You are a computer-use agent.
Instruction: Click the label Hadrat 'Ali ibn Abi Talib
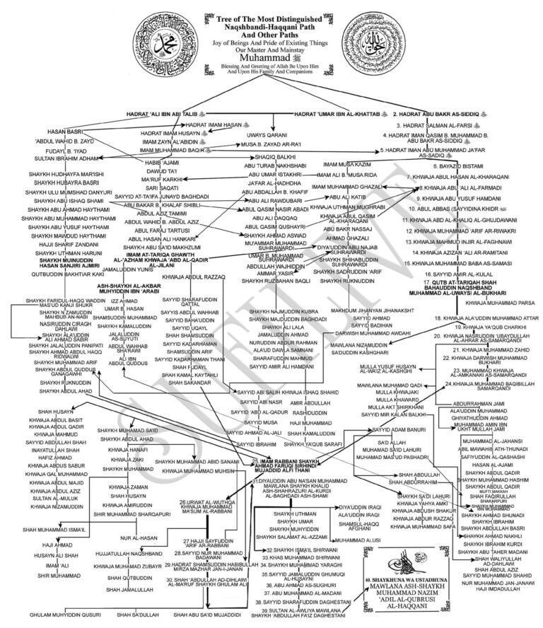168,113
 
